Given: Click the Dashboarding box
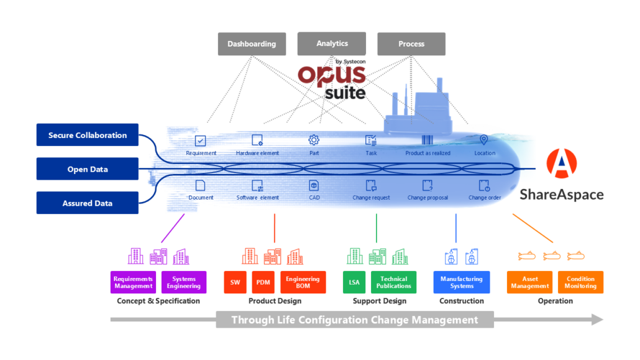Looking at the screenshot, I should [x=252, y=44].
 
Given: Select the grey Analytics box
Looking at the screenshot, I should [x=332, y=44].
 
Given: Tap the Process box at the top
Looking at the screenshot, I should [x=411, y=44].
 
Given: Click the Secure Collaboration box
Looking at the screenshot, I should [x=88, y=135].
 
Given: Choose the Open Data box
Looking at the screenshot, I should [x=88, y=169].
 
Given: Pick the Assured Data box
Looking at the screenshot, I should [x=88, y=203].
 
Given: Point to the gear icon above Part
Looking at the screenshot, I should [x=314, y=140].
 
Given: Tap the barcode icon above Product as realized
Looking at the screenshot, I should [x=427, y=140].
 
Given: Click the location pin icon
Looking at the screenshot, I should [x=484, y=140].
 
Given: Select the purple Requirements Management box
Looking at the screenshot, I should [x=134, y=282].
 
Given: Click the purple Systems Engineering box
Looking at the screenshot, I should [x=183, y=282].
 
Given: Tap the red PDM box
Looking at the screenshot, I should [x=263, y=282].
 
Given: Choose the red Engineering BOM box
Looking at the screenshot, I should [x=303, y=282].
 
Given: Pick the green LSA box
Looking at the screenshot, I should [x=354, y=282].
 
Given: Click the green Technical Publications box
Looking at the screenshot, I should [x=394, y=282].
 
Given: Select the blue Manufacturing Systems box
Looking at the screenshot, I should [x=462, y=282].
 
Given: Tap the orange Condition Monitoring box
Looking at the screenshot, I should [x=580, y=282].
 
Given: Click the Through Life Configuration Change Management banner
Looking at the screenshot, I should [x=355, y=320].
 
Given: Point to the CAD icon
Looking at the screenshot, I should [x=314, y=185].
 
